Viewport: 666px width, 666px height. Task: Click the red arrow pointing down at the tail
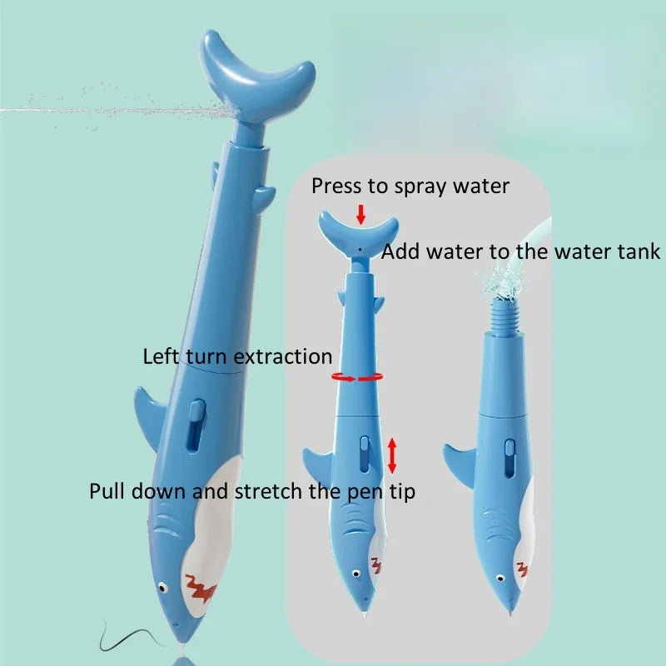(x=360, y=215)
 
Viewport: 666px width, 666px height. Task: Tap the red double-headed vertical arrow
(x=392, y=455)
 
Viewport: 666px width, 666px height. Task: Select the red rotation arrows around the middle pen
(x=357, y=377)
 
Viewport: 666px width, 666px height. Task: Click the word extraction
(x=283, y=356)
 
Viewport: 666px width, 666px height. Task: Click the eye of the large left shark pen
(x=162, y=588)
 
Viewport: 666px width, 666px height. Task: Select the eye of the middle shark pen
(x=356, y=574)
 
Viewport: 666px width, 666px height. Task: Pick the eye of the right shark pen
(x=500, y=578)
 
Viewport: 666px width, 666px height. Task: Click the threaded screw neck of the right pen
(x=506, y=316)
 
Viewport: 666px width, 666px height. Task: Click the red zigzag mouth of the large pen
(x=201, y=588)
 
